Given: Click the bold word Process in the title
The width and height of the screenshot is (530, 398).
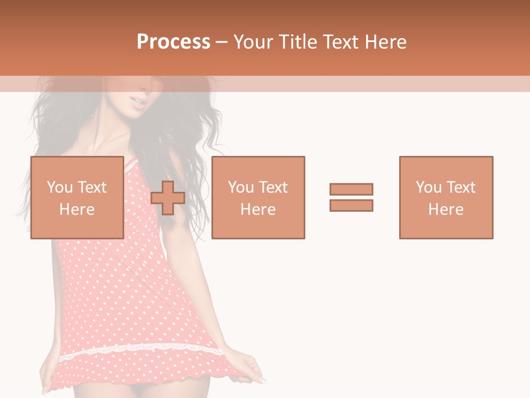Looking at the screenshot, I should point(173,42).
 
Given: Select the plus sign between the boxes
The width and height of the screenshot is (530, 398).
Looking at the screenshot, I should point(168,197).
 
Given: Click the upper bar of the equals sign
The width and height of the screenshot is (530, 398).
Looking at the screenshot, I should point(351,189).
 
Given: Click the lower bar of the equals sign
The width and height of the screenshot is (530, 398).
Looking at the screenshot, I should point(351,205).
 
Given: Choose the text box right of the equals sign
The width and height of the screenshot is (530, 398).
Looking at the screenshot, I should point(446,197).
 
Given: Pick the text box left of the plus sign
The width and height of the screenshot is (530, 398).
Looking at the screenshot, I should point(77,197).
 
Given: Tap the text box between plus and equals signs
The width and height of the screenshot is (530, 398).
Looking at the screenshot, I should point(258,197).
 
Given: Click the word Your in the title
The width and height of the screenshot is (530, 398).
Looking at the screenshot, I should point(252,42).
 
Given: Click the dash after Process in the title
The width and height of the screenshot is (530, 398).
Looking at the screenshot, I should point(221,42).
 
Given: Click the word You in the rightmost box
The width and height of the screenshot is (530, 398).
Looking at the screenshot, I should point(428,187).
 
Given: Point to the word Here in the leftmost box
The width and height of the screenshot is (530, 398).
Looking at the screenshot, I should point(77,210).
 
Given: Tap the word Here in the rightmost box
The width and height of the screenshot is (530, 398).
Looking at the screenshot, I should point(446,210).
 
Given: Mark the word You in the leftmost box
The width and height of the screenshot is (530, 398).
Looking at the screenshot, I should point(60,187).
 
